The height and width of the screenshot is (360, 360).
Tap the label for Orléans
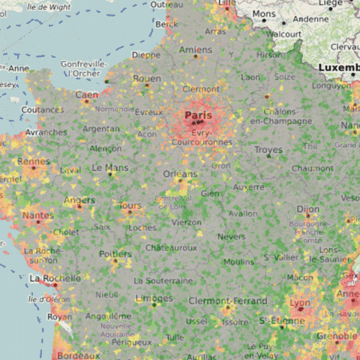pos(180,174)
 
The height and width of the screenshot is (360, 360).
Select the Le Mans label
pos(109,168)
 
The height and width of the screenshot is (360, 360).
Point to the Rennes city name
pos(33,160)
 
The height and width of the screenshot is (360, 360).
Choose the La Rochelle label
pos(54,278)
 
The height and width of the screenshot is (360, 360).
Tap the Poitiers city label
pos(115,253)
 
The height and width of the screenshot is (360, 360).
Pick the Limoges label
pos(154,298)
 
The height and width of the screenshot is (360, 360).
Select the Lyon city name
pos(299,304)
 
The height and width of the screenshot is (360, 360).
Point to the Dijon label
pos(307,209)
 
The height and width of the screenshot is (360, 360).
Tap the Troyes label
pos(268,150)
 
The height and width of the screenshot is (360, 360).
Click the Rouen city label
pos(147,78)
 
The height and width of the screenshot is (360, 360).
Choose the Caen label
pos(86,95)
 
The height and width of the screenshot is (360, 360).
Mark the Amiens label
pos(196,50)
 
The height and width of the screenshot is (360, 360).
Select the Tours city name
pos(130,205)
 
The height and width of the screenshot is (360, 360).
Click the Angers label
pos(79,200)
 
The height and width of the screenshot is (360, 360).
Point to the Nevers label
pos(231,236)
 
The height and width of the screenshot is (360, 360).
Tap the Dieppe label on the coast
pos(145,55)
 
